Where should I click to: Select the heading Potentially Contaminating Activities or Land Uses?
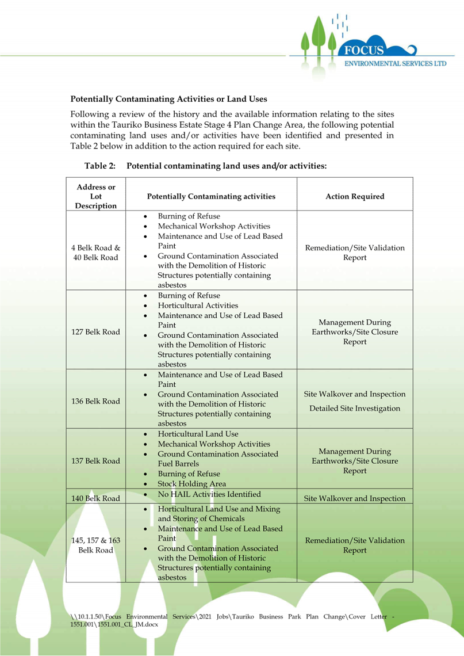(x=168, y=100)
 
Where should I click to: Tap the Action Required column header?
(x=355, y=196)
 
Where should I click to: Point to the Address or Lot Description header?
(x=95, y=196)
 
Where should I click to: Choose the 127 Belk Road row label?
(x=95, y=331)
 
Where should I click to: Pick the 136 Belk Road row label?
(x=95, y=401)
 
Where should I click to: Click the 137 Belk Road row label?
(x=95, y=460)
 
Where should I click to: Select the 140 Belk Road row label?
(x=95, y=498)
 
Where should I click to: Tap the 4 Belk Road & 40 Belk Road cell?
(x=95, y=253)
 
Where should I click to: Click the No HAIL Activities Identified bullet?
(x=209, y=494)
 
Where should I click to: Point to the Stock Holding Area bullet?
(x=191, y=484)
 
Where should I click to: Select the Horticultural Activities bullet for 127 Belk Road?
(x=198, y=306)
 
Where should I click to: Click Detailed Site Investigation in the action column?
(x=355, y=409)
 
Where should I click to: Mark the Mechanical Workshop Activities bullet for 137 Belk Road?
(x=214, y=444)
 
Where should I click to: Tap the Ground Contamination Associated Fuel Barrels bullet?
(x=217, y=459)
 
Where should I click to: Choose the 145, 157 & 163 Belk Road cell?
(x=95, y=545)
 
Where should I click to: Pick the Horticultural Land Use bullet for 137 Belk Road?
(x=198, y=434)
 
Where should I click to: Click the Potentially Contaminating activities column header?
(x=211, y=196)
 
